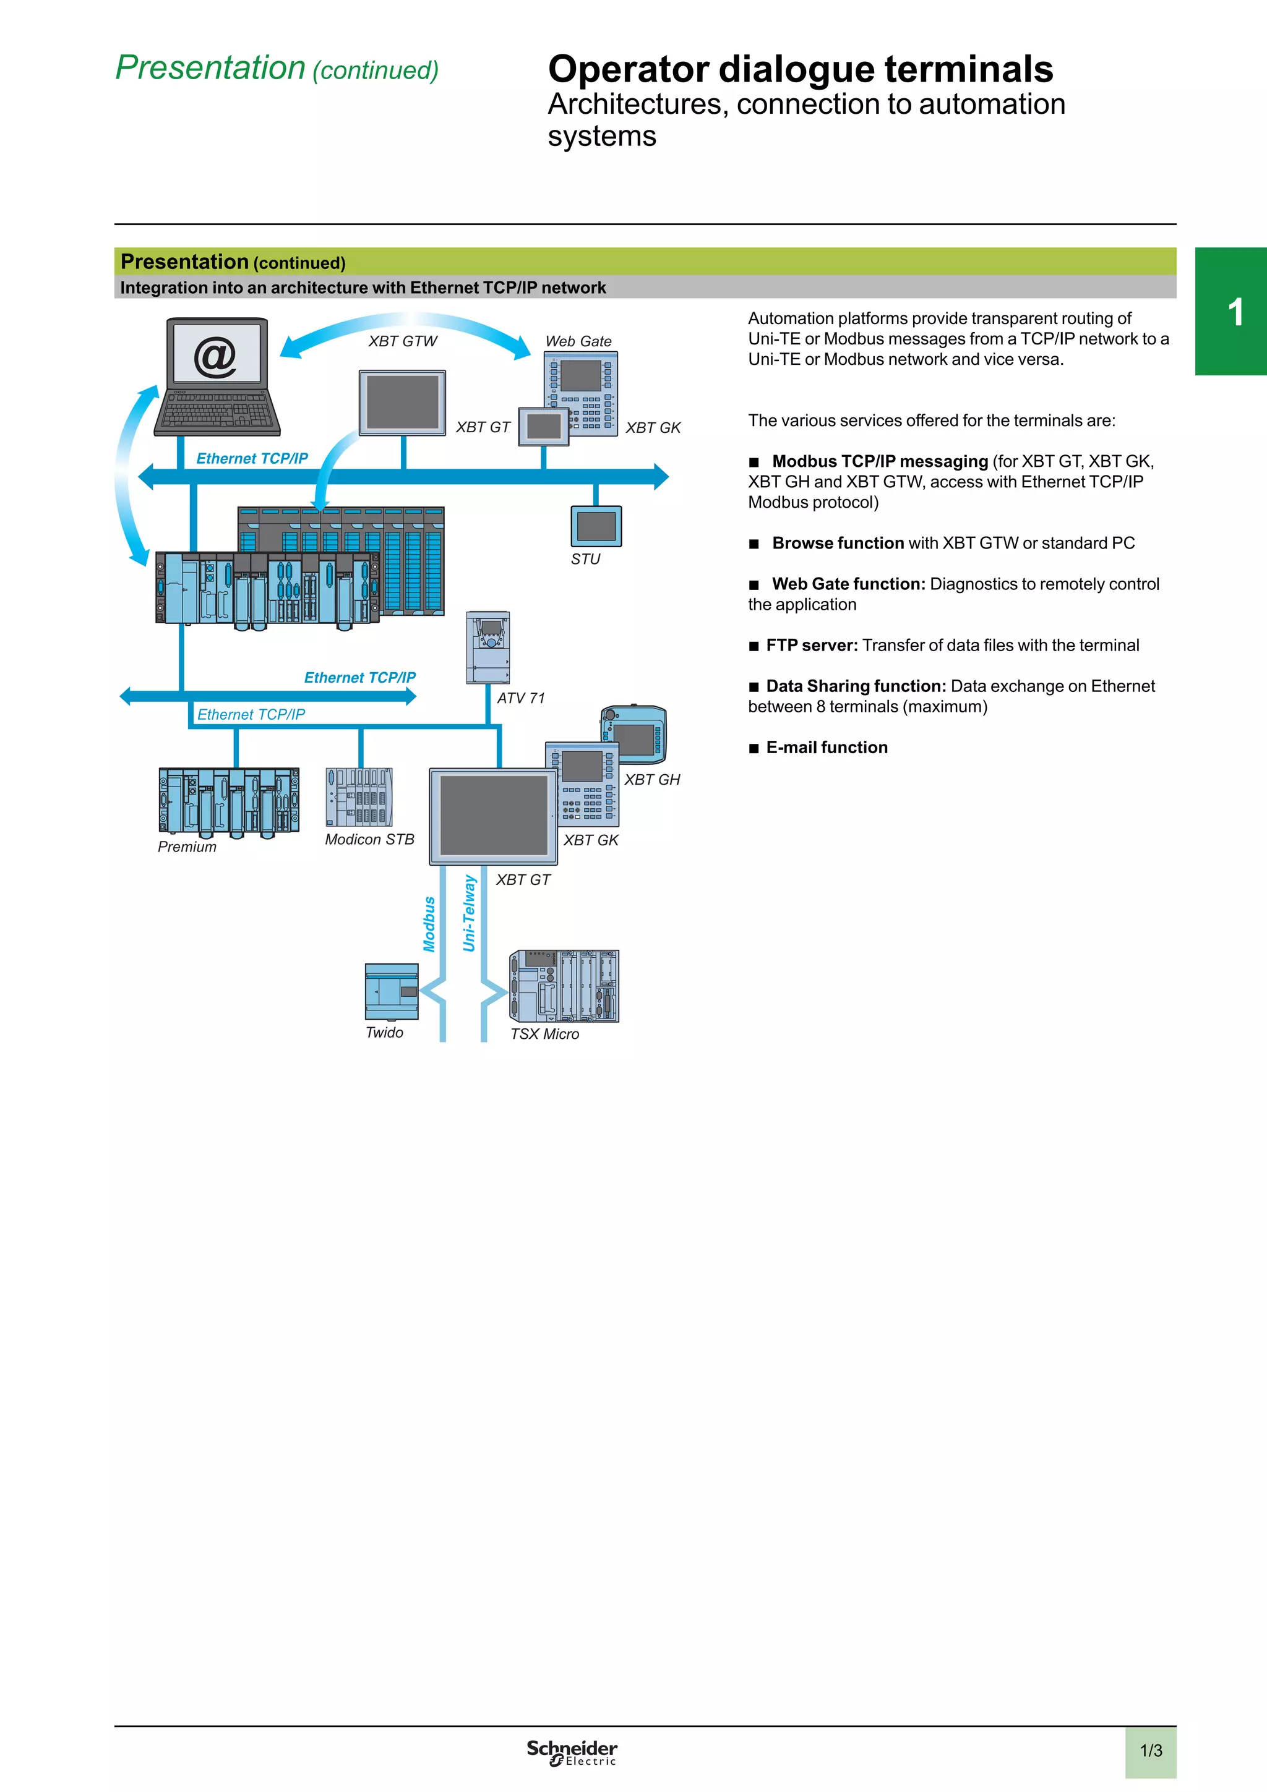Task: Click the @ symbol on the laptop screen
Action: pyautogui.click(x=215, y=357)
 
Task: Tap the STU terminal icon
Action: pyautogui.click(x=596, y=526)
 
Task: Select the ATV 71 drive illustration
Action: pyautogui.click(x=488, y=648)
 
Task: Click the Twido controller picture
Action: pyautogui.click(x=392, y=991)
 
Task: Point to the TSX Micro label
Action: pyautogui.click(x=545, y=1034)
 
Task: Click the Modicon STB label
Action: pyautogui.click(x=369, y=840)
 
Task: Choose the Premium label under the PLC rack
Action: pyautogui.click(x=187, y=847)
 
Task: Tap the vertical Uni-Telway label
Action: pyautogui.click(x=469, y=913)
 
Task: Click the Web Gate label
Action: pyautogui.click(x=578, y=342)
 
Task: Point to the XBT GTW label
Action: pyautogui.click(x=403, y=342)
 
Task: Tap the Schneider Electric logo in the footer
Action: pyautogui.click(x=572, y=1752)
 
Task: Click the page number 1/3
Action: pyautogui.click(x=1151, y=1751)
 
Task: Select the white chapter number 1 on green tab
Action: pyautogui.click(x=1235, y=312)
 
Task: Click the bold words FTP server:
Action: pyautogui.click(x=812, y=646)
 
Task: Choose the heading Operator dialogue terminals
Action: pyautogui.click(x=800, y=69)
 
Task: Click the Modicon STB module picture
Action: pyautogui.click(x=359, y=797)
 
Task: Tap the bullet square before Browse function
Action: pyautogui.click(x=754, y=544)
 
